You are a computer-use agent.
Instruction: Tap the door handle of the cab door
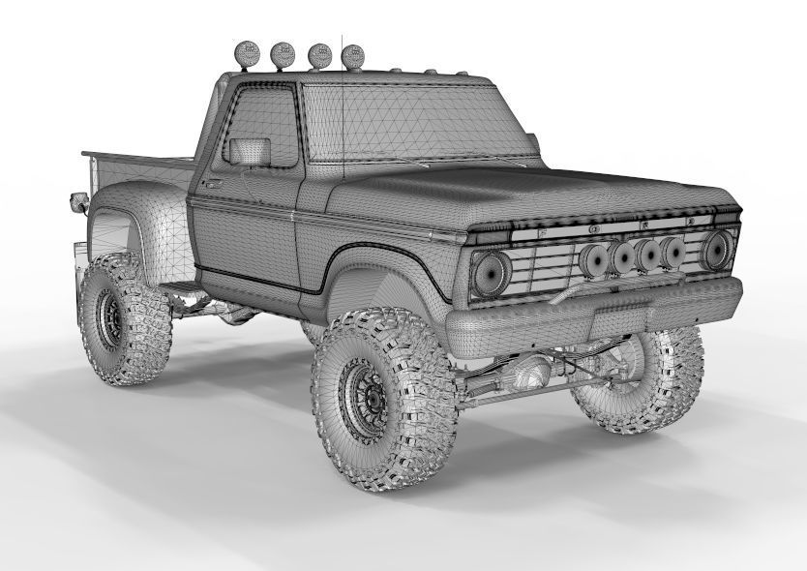pos(212,181)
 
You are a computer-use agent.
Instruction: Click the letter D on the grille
pos(691,223)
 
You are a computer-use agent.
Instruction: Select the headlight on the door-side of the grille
pos(493,271)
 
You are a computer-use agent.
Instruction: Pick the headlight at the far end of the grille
pos(717,249)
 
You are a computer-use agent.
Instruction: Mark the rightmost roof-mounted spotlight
pos(353,56)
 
